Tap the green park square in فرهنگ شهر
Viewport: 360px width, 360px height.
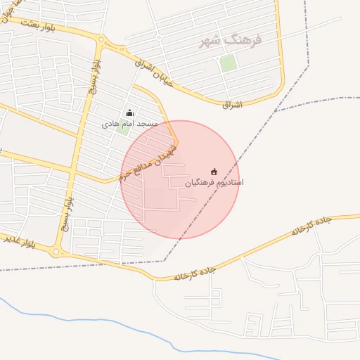pyautogui.click(x=228, y=63)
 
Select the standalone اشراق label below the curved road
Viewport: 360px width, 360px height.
pyautogui.click(x=231, y=105)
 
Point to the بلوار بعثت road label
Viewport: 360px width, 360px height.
pyautogui.click(x=38, y=25)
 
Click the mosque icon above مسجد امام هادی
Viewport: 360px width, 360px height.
pyautogui.click(x=129, y=112)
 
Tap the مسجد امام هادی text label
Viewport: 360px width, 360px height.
pyautogui.click(x=130, y=124)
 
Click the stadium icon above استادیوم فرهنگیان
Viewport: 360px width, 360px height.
pyautogui.click(x=214, y=172)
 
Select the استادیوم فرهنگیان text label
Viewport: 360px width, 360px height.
pyautogui.click(x=214, y=182)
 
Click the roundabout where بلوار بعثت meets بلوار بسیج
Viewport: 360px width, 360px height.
pyautogui.click(x=103, y=40)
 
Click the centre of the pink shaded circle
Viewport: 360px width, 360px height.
pyautogui.click(x=180, y=179)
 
